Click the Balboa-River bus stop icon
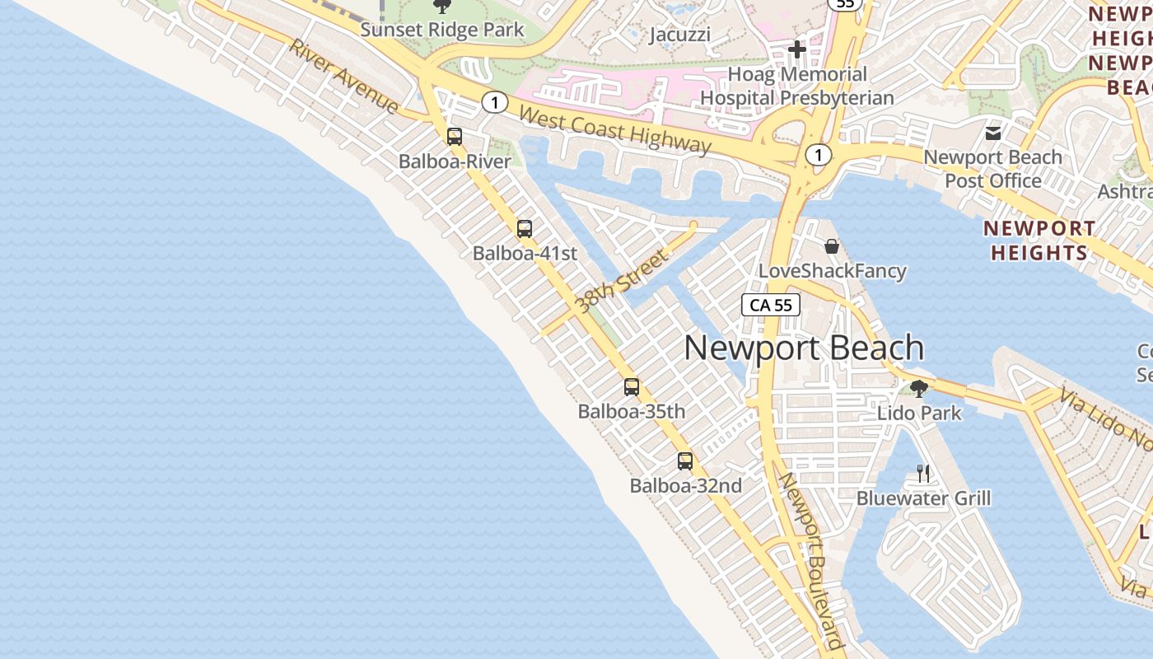455,137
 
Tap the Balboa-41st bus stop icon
525,229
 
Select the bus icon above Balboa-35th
632,386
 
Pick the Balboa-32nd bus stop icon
685,461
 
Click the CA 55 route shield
771,305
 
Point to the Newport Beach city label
804,348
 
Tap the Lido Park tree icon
919,388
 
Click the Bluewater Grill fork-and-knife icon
923,474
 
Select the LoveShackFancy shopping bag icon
832,246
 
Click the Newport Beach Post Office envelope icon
993,133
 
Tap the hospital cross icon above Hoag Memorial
796,49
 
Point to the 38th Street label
622,283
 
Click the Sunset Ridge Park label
442,30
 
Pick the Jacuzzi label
679,35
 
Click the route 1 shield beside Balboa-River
494,103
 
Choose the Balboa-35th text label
632,411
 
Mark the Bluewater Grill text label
923,498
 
